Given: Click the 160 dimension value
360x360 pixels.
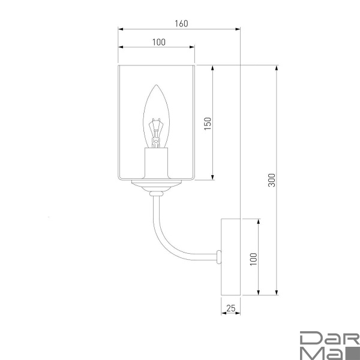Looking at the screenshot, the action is [x=181, y=23].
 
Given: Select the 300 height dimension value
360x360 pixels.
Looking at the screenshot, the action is [x=272, y=180].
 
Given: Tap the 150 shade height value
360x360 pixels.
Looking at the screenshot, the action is [x=208, y=124].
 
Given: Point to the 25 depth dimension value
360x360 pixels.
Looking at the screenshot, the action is [x=231, y=308].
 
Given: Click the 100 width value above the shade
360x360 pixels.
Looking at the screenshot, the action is [x=159, y=42].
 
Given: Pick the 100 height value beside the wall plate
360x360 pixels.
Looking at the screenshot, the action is [x=253, y=259].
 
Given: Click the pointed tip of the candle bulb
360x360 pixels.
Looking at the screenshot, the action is [x=157, y=85].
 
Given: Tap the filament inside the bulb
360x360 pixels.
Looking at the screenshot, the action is [x=156, y=133].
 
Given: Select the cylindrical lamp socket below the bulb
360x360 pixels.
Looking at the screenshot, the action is [x=157, y=163].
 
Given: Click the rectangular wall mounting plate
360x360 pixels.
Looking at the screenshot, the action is [x=230, y=257].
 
